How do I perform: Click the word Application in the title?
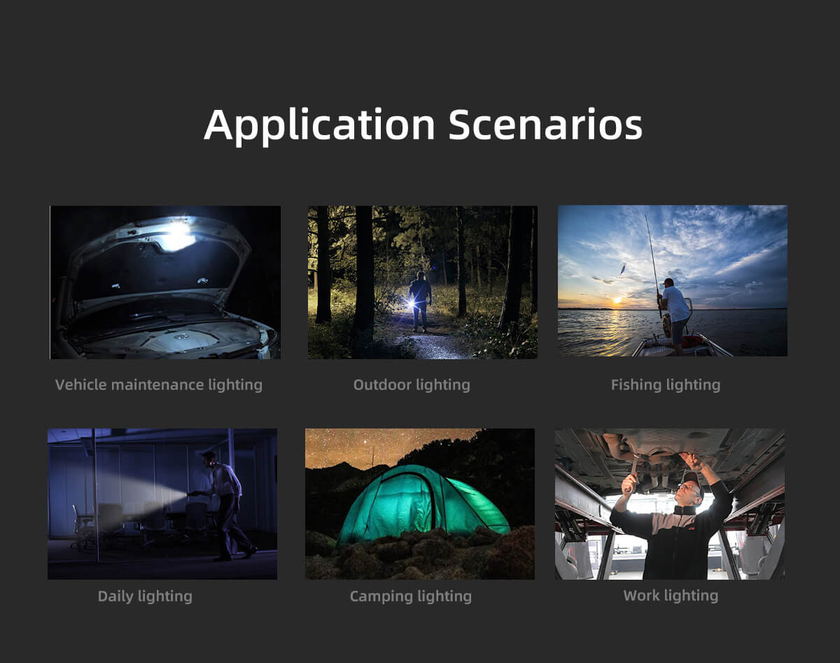(319, 126)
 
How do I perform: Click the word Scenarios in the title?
(545, 124)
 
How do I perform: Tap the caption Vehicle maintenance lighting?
(159, 385)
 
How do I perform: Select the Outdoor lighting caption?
(412, 385)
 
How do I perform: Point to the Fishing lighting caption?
(666, 385)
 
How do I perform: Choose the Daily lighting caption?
(145, 596)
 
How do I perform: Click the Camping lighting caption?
(411, 596)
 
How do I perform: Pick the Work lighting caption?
(671, 596)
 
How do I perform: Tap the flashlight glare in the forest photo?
(410, 303)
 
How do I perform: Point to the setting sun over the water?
(617, 300)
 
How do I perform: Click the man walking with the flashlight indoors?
(225, 506)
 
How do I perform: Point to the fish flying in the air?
(622, 269)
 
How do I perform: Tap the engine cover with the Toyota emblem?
(181, 341)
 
